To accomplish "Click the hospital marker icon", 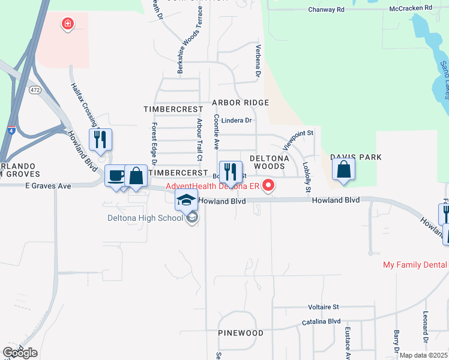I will [x=68, y=25].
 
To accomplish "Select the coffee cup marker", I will [x=116, y=176].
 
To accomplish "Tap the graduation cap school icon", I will [x=187, y=200].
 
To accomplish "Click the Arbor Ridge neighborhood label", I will [x=240, y=103].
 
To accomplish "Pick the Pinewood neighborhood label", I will [x=241, y=332].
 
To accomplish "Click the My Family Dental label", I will [x=415, y=265].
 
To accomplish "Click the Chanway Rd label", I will [x=327, y=10].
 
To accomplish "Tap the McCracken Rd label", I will [x=411, y=8].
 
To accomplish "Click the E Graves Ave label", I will [x=48, y=186].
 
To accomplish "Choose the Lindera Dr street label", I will [x=237, y=120].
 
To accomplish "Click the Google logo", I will [x=20, y=353].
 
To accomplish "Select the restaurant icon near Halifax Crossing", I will [x=100, y=140].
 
